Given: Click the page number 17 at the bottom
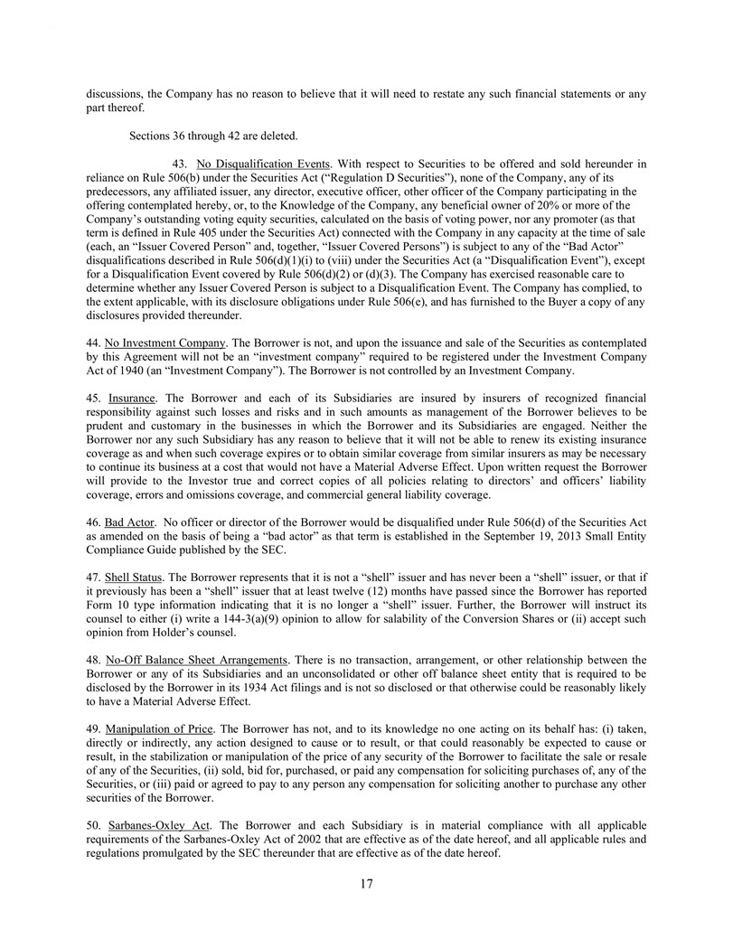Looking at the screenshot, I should point(366,883).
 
